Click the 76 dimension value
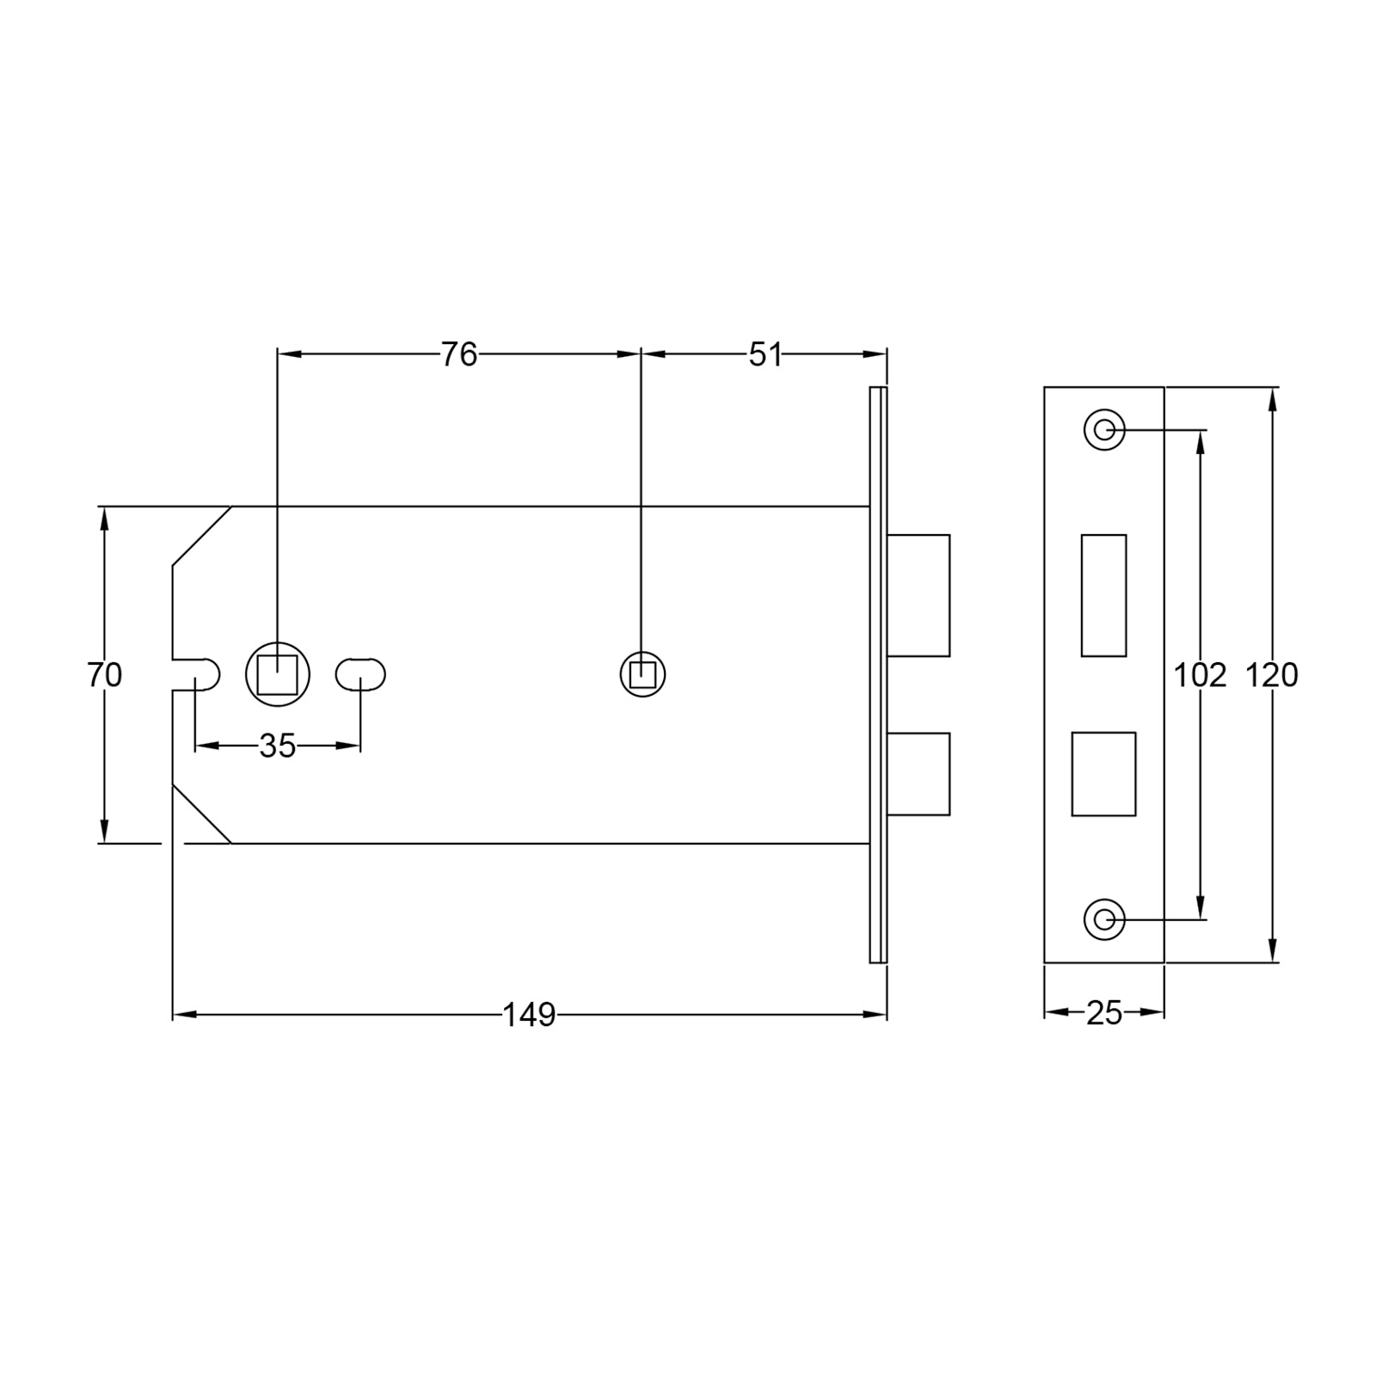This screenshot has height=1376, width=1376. (x=458, y=354)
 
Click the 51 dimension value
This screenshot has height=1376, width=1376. (x=765, y=354)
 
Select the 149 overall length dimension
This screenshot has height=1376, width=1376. (x=529, y=1016)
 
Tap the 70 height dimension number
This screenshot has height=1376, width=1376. (x=104, y=675)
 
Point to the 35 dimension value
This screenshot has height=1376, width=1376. (x=277, y=746)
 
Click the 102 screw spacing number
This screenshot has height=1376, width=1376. (x=1200, y=676)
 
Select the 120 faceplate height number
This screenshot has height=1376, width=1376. (x=1271, y=676)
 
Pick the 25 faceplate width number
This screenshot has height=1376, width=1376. (x=1103, y=1014)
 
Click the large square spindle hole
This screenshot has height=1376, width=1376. (x=278, y=674)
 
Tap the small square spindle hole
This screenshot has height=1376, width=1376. (x=642, y=674)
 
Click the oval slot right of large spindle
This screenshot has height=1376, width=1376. (x=360, y=674)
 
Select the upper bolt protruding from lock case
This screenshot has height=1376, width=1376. (x=918, y=595)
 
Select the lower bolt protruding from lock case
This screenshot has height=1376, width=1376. (x=918, y=773)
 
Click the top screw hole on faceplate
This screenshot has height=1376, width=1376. (x=1104, y=429)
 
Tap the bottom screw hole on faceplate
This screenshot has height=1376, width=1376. (x=1104, y=920)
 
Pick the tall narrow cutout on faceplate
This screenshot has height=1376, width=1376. (x=1103, y=595)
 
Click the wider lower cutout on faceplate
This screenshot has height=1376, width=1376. (x=1103, y=774)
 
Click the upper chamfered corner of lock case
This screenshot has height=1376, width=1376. (x=201, y=536)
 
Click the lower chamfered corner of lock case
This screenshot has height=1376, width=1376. (x=201, y=814)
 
